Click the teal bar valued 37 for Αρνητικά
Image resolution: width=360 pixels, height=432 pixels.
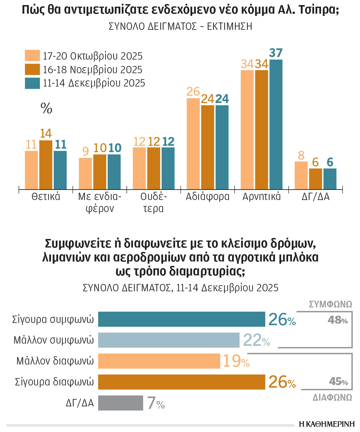(x=275, y=124)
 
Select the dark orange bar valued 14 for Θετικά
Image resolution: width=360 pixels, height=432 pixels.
(x=46, y=165)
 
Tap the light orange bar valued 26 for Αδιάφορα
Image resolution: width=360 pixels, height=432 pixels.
(x=193, y=144)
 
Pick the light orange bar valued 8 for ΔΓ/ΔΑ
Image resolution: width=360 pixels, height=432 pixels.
(x=301, y=175)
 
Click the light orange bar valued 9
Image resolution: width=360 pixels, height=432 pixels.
(x=85, y=173)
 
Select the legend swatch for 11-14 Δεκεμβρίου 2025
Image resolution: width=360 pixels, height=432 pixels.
(x=32, y=83)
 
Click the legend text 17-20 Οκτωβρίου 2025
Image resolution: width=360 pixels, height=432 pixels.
(x=93, y=56)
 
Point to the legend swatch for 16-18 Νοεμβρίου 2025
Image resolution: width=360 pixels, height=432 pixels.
(x=32, y=69)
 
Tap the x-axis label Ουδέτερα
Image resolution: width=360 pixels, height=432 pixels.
(x=154, y=203)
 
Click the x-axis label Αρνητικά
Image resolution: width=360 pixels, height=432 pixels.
(x=262, y=197)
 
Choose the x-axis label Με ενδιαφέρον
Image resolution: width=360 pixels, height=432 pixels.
(x=100, y=203)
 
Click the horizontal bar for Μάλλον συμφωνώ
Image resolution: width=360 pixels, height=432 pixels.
(x=168, y=340)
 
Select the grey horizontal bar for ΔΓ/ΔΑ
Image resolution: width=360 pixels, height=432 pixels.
(x=120, y=403)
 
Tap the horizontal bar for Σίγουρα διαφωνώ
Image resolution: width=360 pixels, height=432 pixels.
(x=181, y=382)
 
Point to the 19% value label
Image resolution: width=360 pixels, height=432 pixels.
(x=236, y=361)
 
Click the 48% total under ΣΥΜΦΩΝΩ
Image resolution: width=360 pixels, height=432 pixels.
(x=338, y=320)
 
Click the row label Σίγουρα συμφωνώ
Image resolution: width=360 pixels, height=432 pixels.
(x=53, y=319)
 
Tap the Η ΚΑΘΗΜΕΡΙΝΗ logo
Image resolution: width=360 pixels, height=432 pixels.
(x=327, y=424)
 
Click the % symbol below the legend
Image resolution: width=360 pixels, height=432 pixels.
(x=47, y=108)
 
